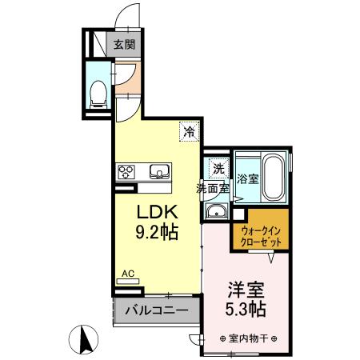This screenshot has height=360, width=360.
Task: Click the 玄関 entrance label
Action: point(124,45)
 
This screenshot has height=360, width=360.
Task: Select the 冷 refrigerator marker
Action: point(190,131)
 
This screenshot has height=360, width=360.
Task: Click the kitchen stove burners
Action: point(127,170)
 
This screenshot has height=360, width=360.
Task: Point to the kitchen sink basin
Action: point(158,170)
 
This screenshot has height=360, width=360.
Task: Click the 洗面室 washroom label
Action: point(214,190)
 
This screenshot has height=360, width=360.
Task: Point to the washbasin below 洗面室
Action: point(216,211)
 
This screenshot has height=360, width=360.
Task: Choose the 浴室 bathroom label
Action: point(247,178)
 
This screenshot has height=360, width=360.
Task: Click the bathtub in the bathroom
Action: point(274,177)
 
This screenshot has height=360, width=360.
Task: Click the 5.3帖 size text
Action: point(245,309)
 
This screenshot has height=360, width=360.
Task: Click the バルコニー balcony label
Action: point(155,309)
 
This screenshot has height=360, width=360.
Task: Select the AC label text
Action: point(127,274)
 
